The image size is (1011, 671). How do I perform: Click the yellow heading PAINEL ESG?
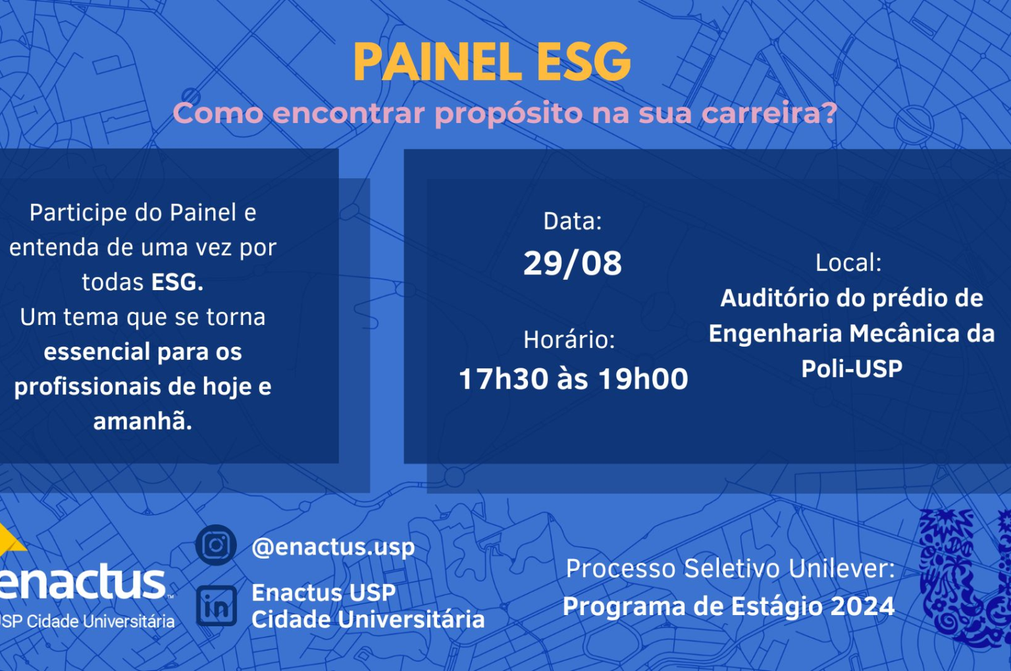[492, 62]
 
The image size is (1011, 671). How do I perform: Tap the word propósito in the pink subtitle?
[508, 114]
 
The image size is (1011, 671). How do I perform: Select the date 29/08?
[572, 263]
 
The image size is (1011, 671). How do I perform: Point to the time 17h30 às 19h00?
[573, 378]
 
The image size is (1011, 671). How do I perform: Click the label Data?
[572, 221]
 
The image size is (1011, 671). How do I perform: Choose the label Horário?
[569, 339]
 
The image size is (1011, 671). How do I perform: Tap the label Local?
[848, 262]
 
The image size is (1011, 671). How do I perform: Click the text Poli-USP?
[852, 368]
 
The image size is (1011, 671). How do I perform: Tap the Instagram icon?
[216, 545]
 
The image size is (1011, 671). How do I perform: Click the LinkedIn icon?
[216, 606]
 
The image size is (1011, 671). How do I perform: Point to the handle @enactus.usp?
[333, 547]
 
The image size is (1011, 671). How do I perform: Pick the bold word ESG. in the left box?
[177, 282]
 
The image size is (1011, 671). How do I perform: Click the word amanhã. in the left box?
[143, 421]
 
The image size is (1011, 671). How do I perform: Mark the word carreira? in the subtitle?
[769, 112]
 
